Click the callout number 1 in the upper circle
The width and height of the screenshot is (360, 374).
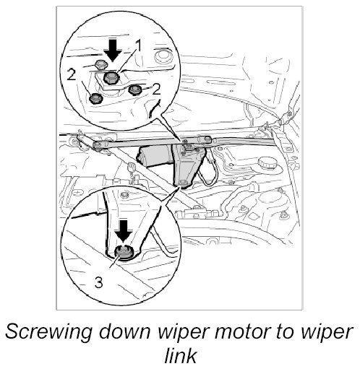[138, 45]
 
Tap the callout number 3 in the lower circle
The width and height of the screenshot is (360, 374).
[99, 282]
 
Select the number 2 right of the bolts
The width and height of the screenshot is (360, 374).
[156, 90]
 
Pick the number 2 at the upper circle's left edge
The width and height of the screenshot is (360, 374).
[72, 74]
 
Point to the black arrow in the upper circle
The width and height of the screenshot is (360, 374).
[113, 50]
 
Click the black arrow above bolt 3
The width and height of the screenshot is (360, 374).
[124, 231]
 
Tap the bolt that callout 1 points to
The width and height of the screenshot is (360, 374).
[111, 78]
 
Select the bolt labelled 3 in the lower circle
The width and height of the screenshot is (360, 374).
[124, 252]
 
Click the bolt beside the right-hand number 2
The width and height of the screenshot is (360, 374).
[134, 90]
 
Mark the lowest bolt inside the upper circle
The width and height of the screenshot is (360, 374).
[96, 98]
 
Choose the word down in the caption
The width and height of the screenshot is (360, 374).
[126, 331]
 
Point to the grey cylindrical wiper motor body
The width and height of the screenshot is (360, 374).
[154, 156]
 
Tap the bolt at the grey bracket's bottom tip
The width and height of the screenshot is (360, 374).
[183, 183]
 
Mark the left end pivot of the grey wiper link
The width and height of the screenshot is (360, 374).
[98, 145]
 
